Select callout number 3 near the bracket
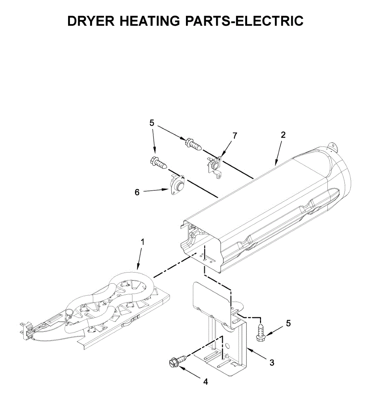[272, 363]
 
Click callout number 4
[205, 382]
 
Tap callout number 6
[137, 192]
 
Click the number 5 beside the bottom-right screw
[288, 324]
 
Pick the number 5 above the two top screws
[152, 123]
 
